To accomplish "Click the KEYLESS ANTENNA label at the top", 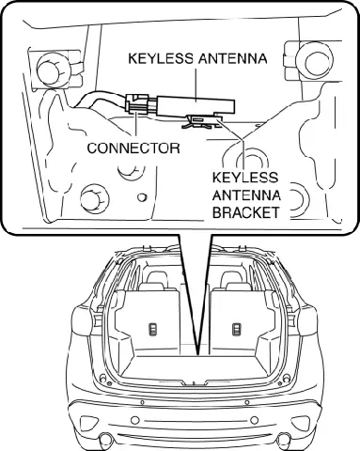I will click(197, 58).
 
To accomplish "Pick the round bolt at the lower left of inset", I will click(92, 199).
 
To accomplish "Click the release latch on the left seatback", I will click(153, 326).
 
